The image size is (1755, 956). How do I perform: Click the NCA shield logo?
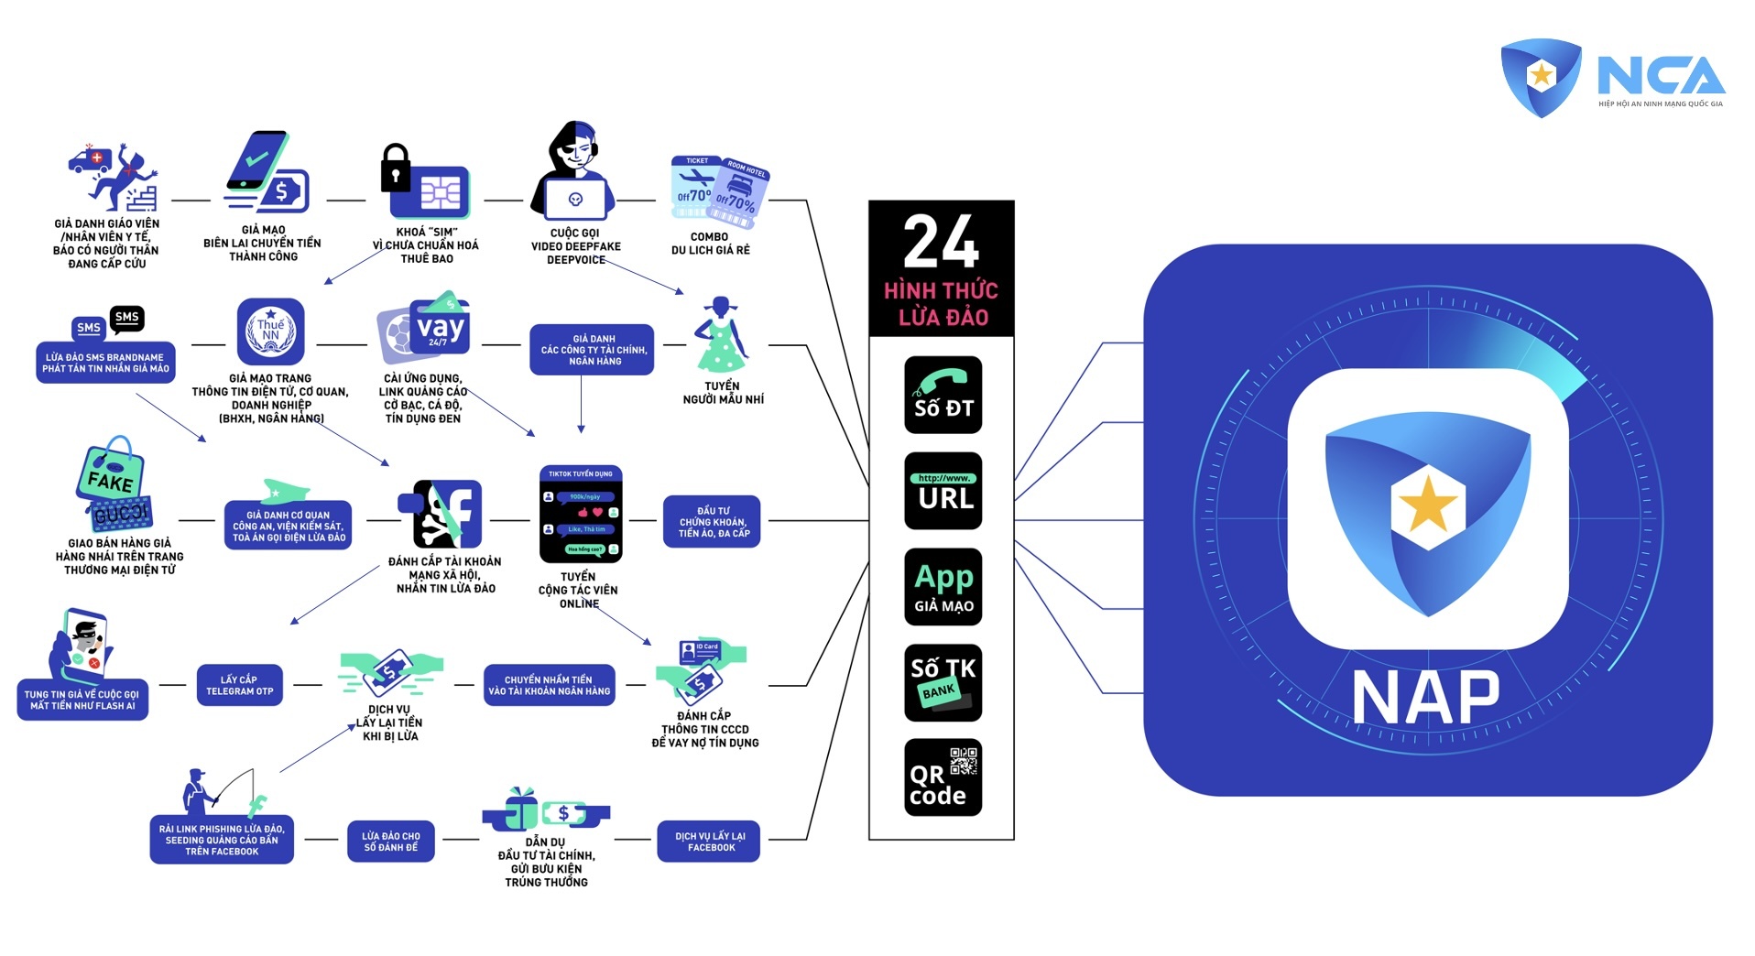click(1541, 76)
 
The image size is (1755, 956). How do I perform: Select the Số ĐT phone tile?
click(943, 395)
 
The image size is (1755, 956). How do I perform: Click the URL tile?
click(943, 491)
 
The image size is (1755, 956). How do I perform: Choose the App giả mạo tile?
click(943, 587)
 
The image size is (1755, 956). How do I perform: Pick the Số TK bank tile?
click(943, 682)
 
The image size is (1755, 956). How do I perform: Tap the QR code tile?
click(943, 777)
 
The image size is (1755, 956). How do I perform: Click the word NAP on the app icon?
click(1426, 699)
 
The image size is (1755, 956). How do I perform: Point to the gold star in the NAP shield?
click(1427, 505)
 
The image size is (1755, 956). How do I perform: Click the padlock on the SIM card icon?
click(396, 167)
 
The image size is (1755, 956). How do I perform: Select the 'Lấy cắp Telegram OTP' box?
click(239, 685)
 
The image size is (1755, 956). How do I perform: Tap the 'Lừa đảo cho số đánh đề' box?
click(390, 842)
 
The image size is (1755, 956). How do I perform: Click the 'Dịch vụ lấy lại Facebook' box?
click(709, 842)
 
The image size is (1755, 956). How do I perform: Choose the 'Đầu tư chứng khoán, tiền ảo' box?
click(712, 522)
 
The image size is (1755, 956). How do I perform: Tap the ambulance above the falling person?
click(91, 160)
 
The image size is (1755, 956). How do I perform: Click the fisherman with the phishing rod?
click(198, 791)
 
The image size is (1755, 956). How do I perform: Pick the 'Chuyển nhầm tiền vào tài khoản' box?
click(549, 685)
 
